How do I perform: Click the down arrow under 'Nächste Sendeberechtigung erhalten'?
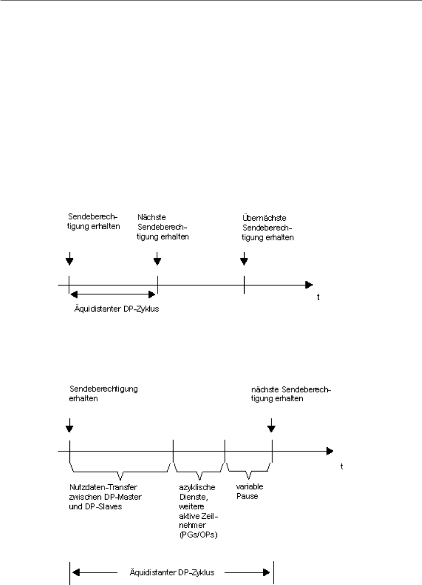coord(157,258)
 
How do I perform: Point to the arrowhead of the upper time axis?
coord(309,285)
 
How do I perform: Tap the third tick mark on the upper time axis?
coord(244,285)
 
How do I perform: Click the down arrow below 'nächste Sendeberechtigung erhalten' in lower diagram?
coord(271,424)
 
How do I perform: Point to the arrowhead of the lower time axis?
coord(329,451)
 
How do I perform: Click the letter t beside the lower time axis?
coord(341,466)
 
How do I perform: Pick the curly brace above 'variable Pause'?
coord(248,469)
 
